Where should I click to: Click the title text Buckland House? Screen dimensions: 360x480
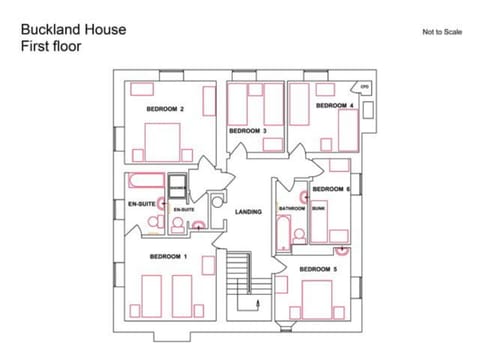pyautogui.click(x=73, y=29)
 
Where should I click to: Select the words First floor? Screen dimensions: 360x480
pyautogui.click(x=52, y=46)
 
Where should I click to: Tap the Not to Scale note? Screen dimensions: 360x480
pyautogui.click(x=442, y=32)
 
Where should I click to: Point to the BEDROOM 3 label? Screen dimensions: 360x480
pyautogui.click(x=248, y=131)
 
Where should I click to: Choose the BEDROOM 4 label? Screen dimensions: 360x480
pyautogui.click(x=334, y=105)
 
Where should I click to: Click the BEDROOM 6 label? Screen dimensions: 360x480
pyautogui.click(x=331, y=189)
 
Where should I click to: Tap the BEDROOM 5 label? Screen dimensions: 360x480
pyautogui.click(x=319, y=268)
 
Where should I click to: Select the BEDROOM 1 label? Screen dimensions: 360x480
pyautogui.click(x=168, y=257)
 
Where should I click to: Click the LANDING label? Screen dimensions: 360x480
pyautogui.click(x=248, y=212)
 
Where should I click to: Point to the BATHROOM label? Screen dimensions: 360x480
pyautogui.click(x=292, y=208)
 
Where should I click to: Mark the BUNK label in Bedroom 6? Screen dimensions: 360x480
pyautogui.click(x=319, y=208)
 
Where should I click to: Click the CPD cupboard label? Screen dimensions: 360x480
pyautogui.click(x=366, y=87)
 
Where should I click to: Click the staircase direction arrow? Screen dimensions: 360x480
pyautogui.click(x=262, y=303)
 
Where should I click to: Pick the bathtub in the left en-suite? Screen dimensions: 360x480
pyautogui.click(x=146, y=182)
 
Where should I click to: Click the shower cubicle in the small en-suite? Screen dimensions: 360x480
pyautogui.click(x=178, y=187)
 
